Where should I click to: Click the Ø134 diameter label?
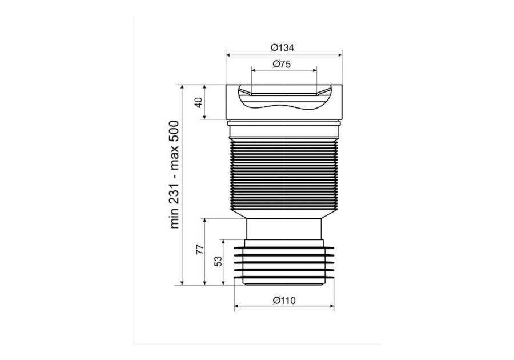point(282,48)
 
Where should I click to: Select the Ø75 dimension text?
point(282,64)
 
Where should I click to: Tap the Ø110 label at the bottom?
point(284,301)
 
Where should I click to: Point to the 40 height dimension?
point(199,102)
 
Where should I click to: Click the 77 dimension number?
point(200,249)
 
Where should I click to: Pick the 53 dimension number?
point(218,261)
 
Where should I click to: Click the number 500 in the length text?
point(174,131)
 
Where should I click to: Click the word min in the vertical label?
point(174,220)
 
